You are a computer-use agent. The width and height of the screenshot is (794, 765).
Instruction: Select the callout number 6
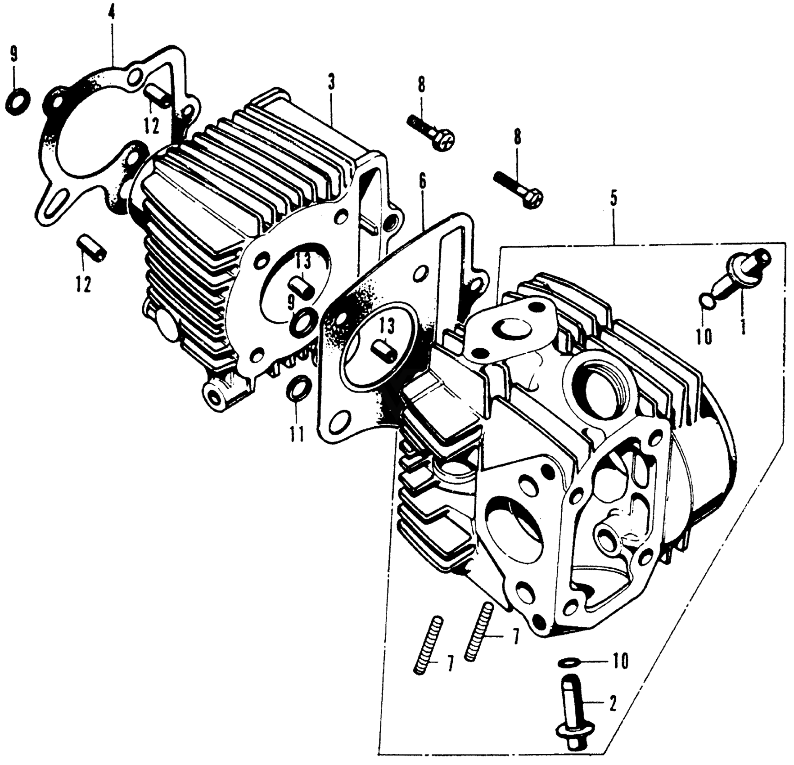click(422, 181)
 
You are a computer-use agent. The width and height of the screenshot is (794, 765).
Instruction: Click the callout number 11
click(296, 434)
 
